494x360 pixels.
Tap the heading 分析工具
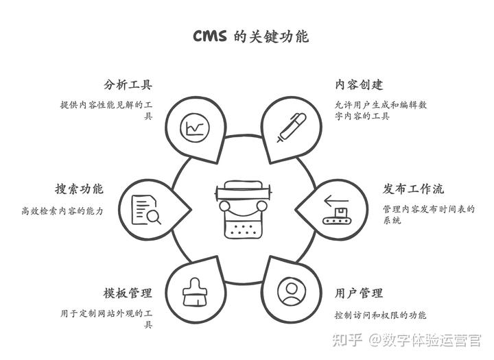coord(128,85)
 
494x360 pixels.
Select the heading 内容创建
coord(359,85)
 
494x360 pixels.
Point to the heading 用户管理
coord(359,293)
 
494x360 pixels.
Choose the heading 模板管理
coord(128,293)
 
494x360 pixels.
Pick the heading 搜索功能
coord(80,189)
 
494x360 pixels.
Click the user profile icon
coord(291,292)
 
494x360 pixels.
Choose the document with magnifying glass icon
coord(146,210)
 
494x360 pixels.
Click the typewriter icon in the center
coord(243,210)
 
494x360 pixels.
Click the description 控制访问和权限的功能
coord(381,315)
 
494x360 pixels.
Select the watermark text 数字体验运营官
coord(432,340)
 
